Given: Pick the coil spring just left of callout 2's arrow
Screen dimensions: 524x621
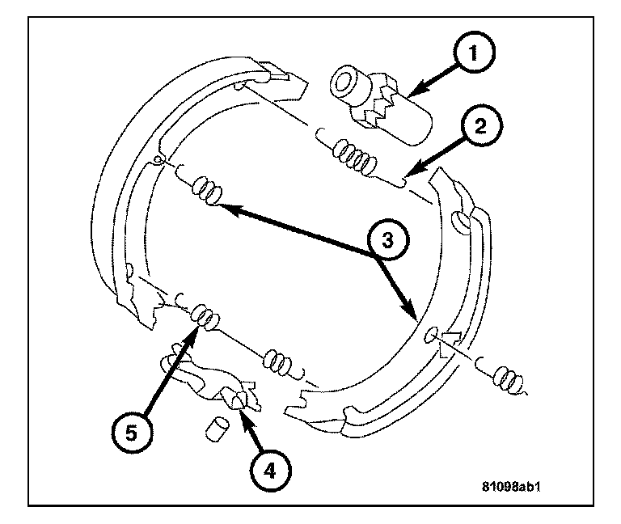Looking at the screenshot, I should tap(354, 154).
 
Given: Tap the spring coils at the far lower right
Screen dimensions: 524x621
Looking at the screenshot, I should tap(509, 374).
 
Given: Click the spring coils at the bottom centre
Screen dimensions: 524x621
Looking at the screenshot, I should tap(279, 361).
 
